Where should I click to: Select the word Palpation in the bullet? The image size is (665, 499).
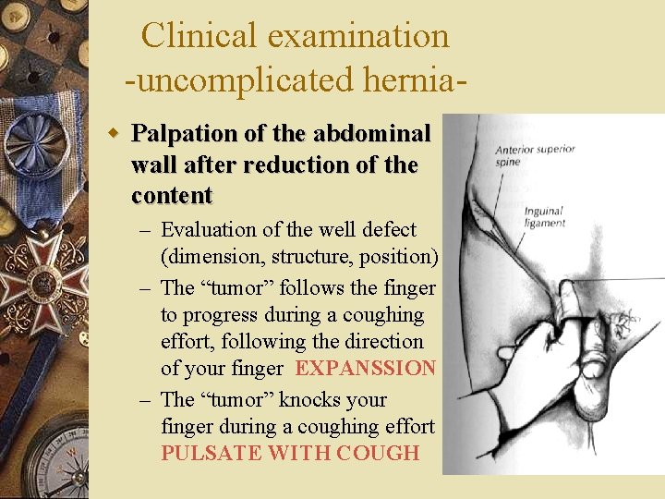[185, 135]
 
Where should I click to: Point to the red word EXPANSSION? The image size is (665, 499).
[365, 369]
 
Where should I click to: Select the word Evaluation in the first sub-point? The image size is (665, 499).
[209, 229]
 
